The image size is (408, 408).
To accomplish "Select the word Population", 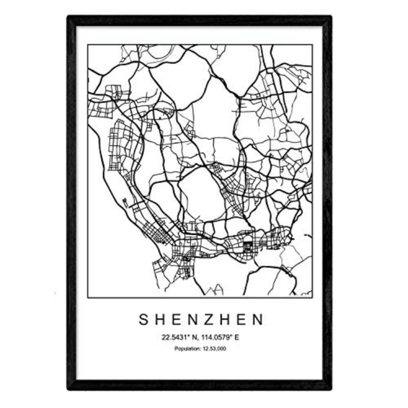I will point(186,349).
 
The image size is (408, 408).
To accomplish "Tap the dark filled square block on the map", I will point(247,246).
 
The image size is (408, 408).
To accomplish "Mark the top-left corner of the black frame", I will point(69,17).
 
